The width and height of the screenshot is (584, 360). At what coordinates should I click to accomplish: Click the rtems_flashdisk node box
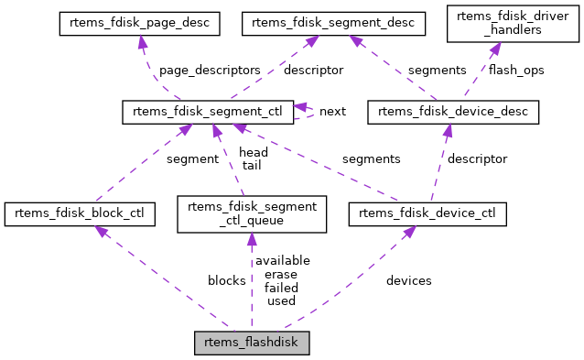(252, 344)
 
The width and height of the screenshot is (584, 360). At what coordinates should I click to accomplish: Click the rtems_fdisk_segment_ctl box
(208, 113)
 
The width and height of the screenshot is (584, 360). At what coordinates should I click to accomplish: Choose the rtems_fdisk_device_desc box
(452, 113)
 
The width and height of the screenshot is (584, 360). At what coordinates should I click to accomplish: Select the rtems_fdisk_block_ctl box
(79, 215)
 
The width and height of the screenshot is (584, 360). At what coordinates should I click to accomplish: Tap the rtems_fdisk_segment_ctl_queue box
(251, 215)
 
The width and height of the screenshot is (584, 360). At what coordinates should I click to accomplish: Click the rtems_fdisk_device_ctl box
(427, 215)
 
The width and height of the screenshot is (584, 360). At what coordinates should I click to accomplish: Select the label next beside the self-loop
(332, 112)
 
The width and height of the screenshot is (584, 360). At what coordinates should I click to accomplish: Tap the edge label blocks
(226, 280)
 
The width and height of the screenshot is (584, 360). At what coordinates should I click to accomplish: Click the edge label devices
(409, 280)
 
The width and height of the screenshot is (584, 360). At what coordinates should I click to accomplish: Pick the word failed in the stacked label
(281, 288)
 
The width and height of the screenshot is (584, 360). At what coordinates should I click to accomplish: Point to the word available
(282, 260)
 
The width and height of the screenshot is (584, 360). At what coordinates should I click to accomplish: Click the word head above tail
(253, 152)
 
